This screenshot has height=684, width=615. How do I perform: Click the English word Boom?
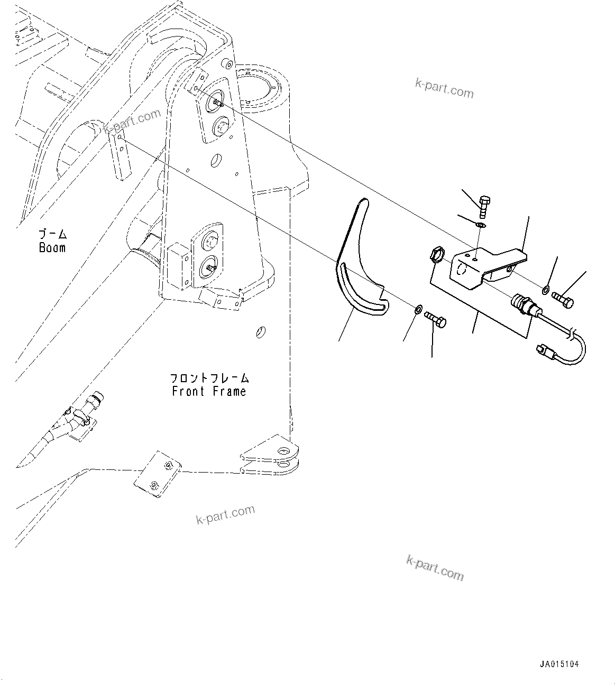click(52, 247)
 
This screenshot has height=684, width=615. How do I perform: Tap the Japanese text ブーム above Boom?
click(52, 234)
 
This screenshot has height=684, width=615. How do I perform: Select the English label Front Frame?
click(209, 392)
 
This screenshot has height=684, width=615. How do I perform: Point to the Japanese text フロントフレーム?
click(209, 378)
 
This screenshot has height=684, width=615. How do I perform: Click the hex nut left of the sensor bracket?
click(436, 255)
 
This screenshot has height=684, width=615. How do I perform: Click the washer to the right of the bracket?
click(545, 290)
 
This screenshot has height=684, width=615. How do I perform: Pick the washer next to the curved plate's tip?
click(418, 308)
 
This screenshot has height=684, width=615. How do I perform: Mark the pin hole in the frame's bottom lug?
click(284, 452)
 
